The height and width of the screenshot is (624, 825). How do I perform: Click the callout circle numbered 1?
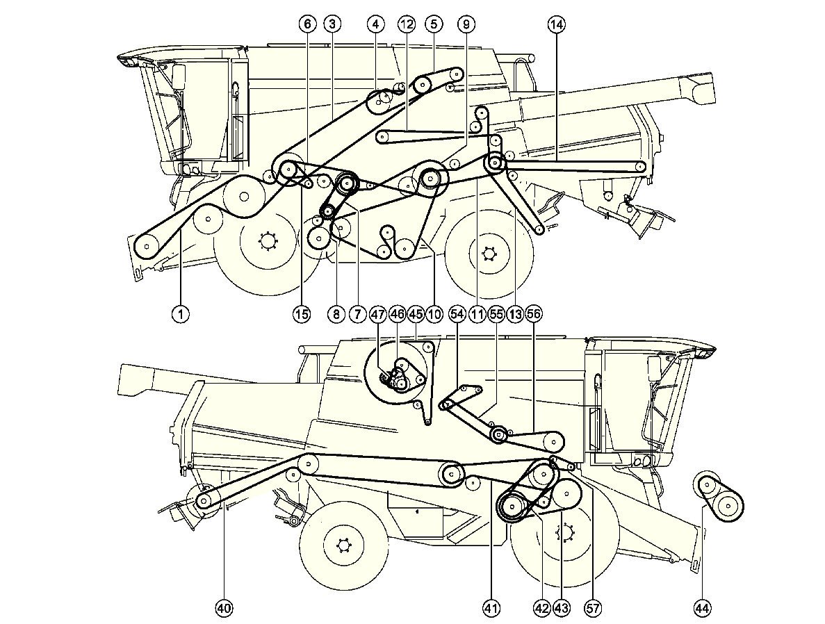[x=180, y=314]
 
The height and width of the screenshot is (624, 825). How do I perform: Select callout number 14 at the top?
[x=556, y=24]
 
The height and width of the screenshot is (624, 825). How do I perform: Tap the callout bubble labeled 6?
[x=307, y=24]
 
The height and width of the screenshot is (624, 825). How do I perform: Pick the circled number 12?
[x=407, y=24]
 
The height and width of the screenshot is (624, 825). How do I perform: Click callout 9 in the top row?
[x=466, y=24]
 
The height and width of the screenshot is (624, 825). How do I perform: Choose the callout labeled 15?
[x=301, y=314]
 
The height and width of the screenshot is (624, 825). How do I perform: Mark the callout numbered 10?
[x=434, y=314]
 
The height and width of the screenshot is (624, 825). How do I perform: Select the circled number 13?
[x=514, y=314]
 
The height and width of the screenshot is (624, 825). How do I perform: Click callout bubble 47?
[x=378, y=314]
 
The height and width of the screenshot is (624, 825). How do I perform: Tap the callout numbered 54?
[x=457, y=314]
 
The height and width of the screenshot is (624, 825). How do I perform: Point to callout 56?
[x=534, y=314]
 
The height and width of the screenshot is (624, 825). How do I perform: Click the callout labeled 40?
[x=223, y=609]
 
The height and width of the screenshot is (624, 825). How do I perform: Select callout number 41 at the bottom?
[x=491, y=609]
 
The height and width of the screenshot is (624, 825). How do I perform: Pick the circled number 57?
[x=593, y=609]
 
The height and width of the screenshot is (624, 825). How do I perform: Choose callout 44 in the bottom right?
[x=703, y=609]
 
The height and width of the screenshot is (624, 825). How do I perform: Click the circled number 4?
[x=375, y=24]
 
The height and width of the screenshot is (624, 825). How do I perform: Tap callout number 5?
[x=434, y=24]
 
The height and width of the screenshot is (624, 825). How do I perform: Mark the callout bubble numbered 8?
[x=336, y=314]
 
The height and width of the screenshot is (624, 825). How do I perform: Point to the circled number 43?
[x=561, y=609]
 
